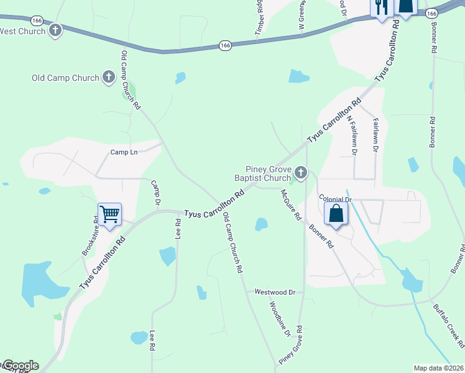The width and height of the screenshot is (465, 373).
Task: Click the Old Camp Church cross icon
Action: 109,78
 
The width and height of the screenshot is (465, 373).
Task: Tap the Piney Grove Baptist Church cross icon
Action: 301,172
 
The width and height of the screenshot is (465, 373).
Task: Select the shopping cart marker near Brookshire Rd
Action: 109,214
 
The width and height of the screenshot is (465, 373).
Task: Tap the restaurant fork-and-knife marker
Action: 380,7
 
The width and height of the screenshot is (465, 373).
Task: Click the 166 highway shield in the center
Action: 225,45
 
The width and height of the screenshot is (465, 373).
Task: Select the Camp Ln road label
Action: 124,152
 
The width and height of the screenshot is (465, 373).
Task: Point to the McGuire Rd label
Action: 290,205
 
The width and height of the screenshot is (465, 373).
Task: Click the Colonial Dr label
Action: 336,199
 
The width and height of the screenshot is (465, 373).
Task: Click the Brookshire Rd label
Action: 91,237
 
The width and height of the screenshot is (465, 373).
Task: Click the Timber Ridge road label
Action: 259,16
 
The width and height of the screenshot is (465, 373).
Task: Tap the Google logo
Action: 21,366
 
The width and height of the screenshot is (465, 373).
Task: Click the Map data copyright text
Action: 438,368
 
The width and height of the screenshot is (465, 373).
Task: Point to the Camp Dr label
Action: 156,194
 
